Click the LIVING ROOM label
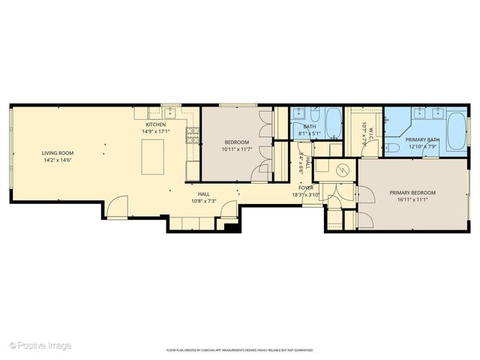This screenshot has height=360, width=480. click(x=58, y=153)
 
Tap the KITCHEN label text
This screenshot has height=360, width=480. click(x=155, y=124)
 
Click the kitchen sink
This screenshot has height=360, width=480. click(x=170, y=113)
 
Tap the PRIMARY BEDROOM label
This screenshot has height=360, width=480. click(x=412, y=193)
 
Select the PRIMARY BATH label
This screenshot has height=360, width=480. click(x=422, y=139)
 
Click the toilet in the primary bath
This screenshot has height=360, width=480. click(x=393, y=148)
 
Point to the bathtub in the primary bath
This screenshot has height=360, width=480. click(x=456, y=131)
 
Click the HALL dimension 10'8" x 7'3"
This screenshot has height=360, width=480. click(x=203, y=200)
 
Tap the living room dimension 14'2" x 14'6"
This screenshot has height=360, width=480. click(x=58, y=160)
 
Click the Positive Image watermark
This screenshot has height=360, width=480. click(x=40, y=345)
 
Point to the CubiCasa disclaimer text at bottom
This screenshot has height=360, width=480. click(x=239, y=349)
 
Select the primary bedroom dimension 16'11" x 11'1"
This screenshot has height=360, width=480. click(x=412, y=199)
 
